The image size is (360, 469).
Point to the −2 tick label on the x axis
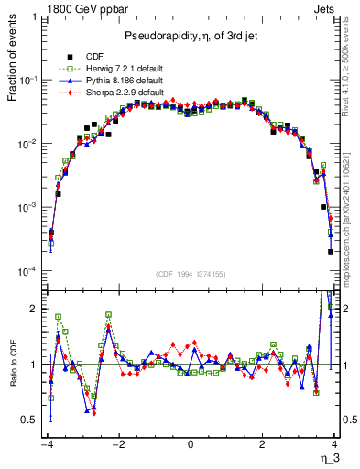coord(117,444)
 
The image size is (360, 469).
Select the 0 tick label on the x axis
coord(191,444)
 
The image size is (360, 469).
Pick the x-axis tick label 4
coord(334,444)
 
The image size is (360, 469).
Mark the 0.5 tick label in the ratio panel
coord(30,420)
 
